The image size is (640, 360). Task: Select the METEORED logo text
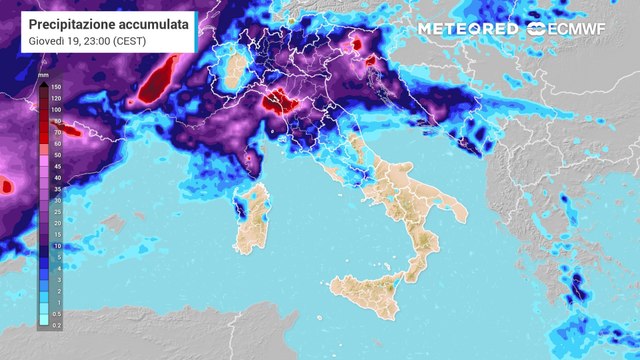point(467,29)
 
